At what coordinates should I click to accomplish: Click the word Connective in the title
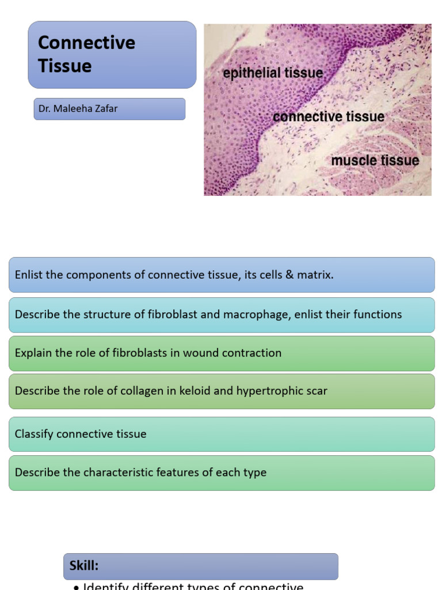[x=86, y=43]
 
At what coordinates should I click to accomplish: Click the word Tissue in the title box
[x=65, y=66]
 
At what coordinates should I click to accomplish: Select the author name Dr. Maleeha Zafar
[x=78, y=108]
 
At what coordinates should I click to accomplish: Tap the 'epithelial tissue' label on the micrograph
[x=273, y=73]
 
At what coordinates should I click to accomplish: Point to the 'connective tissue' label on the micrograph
[x=329, y=117]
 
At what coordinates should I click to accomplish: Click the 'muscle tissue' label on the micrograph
[x=375, y=160]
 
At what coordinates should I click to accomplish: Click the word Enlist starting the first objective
[x=29, y=275]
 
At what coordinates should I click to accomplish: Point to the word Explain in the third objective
[x=33, y=353]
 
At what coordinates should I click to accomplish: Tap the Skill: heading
[x=84, y=566]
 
